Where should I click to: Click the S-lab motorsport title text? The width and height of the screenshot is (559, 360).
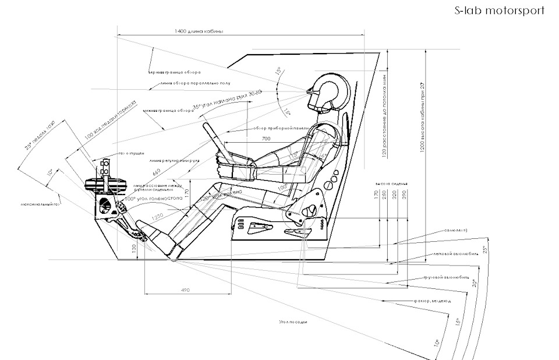[x=499, y=10]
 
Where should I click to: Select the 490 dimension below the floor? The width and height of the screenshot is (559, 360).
[x=186, y=290]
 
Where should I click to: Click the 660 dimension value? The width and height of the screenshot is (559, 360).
[x=157, y=172]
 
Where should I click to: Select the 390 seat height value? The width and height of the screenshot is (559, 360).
[x=405, y=194]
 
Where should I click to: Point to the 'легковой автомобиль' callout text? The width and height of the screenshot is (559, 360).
[x=456, y=255]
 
